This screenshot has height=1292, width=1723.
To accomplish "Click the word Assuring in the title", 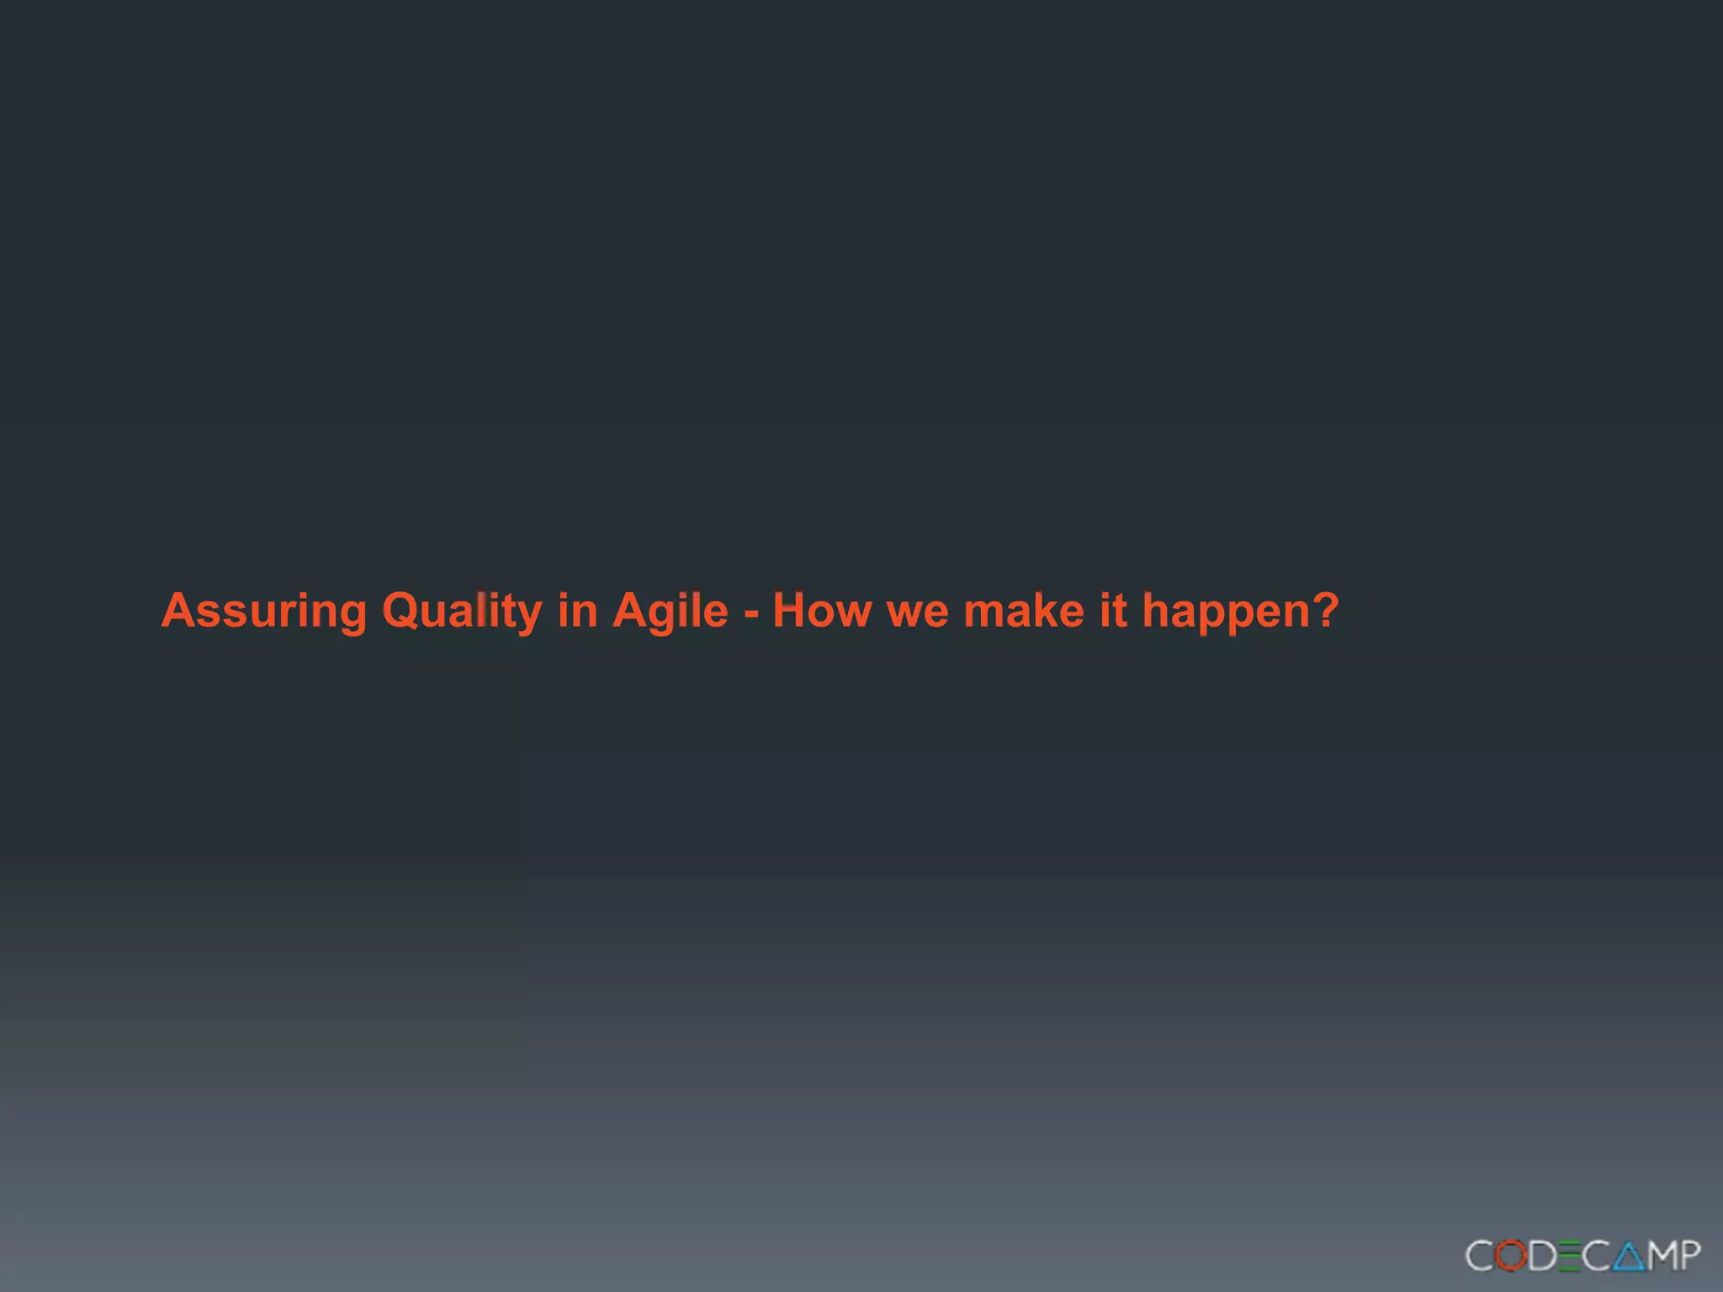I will tap(263, 611).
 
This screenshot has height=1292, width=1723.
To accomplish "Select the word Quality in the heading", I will tap(461, 611).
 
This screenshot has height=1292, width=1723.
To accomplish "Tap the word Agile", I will tap(670, 611).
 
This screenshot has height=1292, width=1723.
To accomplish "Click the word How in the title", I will tap(822, 611).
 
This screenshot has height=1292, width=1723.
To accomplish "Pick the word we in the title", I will tap(917, 614).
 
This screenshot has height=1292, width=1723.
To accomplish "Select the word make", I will tap(1023, 611).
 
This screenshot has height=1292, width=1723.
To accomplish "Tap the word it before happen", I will tap(1113, 611).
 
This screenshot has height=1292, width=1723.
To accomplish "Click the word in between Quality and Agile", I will tap(577, 611).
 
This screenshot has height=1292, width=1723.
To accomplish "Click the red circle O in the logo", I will tap(1512, 1256).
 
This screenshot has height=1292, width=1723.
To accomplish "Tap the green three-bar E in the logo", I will tap(1568, 1256).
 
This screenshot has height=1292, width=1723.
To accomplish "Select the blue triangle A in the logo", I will tap(1628, 1256).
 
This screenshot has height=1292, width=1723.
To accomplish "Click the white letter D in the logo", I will tap(1541, 1256).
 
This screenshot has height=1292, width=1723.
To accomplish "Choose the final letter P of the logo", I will tap(1691, 1256).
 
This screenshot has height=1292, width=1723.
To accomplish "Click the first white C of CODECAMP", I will tap(1481, 1256).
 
